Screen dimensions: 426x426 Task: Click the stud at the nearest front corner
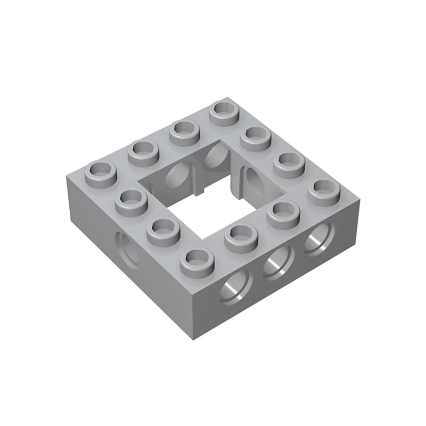[x=195, y=259]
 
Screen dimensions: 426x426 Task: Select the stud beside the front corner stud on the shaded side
[x=161, y=231]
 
